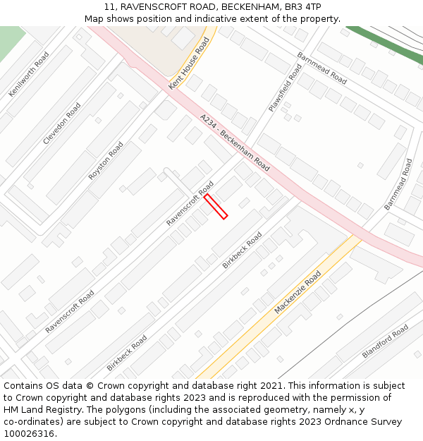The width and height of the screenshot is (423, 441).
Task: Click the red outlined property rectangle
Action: [216, 206]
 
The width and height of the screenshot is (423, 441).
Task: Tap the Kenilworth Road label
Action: [29, 74]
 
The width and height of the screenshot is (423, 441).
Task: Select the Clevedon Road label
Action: [62, 123]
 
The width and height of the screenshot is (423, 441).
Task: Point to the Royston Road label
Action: [106, 161]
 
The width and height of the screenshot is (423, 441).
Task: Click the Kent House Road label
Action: [190, 64]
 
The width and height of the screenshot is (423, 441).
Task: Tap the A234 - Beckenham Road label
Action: [235, 143]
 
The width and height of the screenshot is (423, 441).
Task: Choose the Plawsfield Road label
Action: [285, 88]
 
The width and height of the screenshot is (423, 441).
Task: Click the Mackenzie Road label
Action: [298, 292]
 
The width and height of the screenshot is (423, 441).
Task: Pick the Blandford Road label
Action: [385, 342]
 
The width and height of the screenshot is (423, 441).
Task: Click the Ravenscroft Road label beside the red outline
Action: [190, 203]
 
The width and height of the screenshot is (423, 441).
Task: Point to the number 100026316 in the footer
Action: [30, 433]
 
